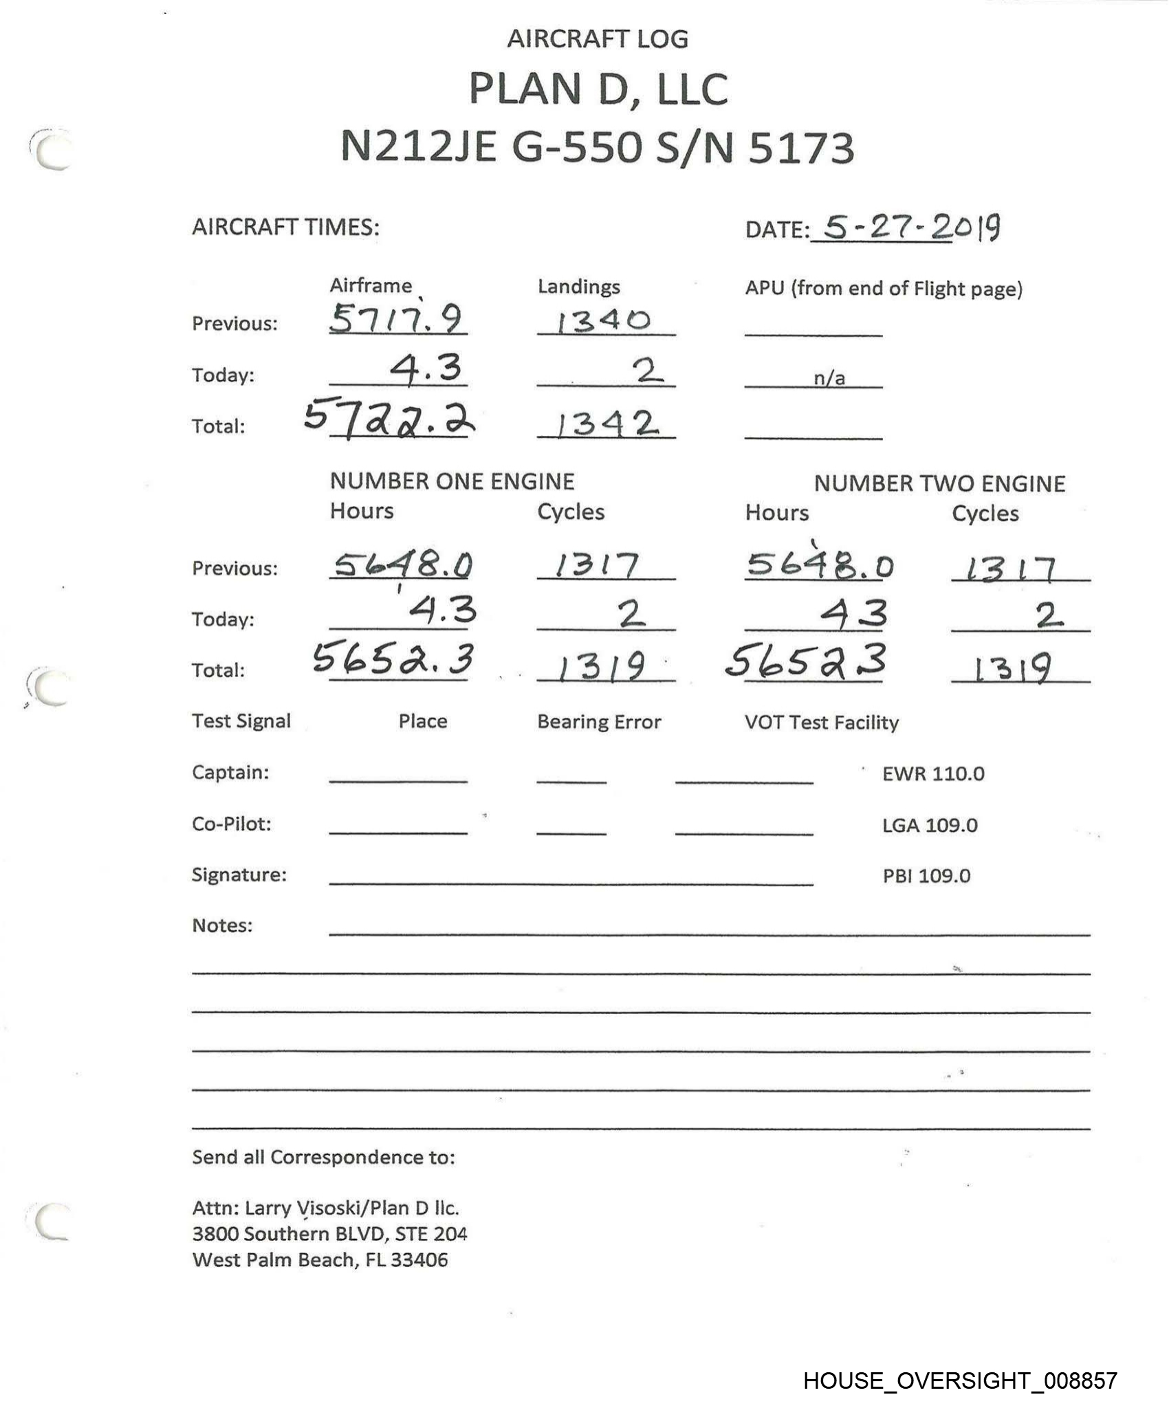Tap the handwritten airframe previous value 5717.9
click(x=396, y=319)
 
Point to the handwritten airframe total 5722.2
click(x=389, y=421)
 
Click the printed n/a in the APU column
click(x=829, y=378)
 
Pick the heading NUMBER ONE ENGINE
click(x=452, y=481)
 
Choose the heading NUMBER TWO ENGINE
click(x=939, y=484)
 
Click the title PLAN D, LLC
click(x=598, y=89)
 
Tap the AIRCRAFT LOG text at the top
click(x=598, y=39)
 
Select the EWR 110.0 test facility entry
click(x=933, y=774)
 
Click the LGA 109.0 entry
click(x=930, y=825)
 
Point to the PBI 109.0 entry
click(x=926, y=876)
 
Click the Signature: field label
click(x=239, y=874)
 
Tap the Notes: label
click(x=222, y=925)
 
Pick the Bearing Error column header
click(x=599, y=722)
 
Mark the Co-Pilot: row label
click(x=232, y=824)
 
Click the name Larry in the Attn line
click(x=263, y=1209)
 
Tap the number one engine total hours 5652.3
click(x=393, y=659)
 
